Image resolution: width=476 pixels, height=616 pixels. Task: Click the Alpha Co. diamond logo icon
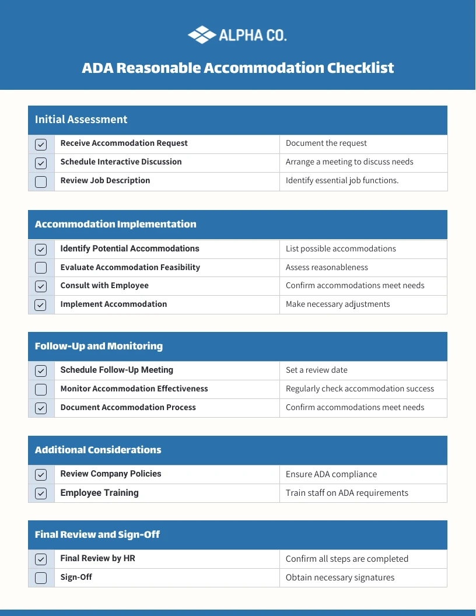202,35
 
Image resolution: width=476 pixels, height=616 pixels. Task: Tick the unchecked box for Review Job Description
41,181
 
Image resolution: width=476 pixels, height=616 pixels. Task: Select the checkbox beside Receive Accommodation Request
41,144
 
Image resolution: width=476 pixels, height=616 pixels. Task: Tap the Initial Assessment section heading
81,120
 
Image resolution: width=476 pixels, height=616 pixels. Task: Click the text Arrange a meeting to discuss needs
349,162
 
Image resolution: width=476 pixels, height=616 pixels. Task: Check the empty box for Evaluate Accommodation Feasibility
41,268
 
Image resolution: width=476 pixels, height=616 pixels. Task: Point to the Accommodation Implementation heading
116,224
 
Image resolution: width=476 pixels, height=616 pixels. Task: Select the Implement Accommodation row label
114,304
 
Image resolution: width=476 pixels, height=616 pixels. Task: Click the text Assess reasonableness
327,267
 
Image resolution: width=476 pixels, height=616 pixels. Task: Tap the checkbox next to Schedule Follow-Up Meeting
41,370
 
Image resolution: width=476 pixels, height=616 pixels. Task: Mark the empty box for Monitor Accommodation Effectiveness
41,389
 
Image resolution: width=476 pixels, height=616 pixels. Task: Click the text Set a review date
317,370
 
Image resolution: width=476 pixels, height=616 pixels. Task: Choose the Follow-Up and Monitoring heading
99,346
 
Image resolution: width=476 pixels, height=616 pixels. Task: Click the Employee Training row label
100,493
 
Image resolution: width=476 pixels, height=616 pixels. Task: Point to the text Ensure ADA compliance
331,474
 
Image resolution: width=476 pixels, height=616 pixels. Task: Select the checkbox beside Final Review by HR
41,559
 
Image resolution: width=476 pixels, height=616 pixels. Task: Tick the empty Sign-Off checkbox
41,578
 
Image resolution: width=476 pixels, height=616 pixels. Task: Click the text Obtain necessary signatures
340,577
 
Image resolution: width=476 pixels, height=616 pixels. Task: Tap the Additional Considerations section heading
98,450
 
